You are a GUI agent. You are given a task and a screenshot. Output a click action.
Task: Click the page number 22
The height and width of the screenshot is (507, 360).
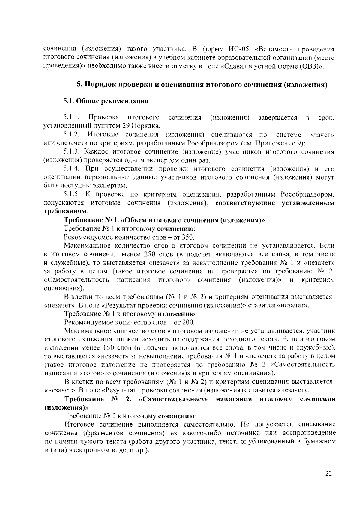[328, 473]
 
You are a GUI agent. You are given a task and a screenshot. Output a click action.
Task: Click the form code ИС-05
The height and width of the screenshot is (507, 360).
[239, 49]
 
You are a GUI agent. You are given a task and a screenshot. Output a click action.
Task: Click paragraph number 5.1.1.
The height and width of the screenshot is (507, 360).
[71, 117]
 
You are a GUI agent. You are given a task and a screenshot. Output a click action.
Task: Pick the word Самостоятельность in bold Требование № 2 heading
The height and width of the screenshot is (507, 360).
[174, 399]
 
